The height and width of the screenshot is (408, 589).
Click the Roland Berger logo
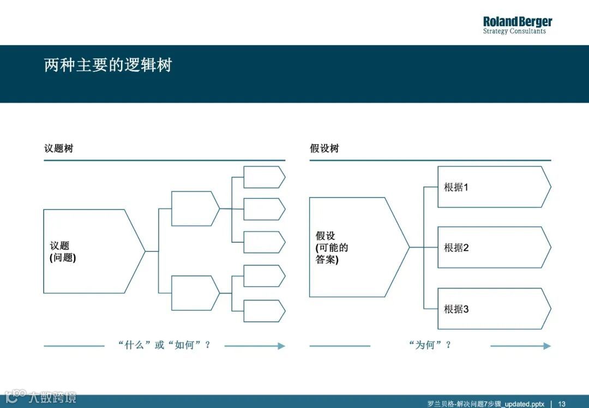[517, 25]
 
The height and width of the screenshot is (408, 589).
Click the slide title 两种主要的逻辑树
[108, 65]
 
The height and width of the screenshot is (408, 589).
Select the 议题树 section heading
[58, 148]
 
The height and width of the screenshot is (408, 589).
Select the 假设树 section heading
[324, 148]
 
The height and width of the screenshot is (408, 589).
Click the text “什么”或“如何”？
[164, 345]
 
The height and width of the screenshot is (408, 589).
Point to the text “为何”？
[430, 345]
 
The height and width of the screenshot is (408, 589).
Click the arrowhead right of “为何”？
[547, 346]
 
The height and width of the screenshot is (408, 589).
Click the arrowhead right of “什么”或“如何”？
[281, 346]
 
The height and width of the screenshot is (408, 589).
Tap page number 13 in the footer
[561, 404]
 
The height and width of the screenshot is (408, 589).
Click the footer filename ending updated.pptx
[485, 404]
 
